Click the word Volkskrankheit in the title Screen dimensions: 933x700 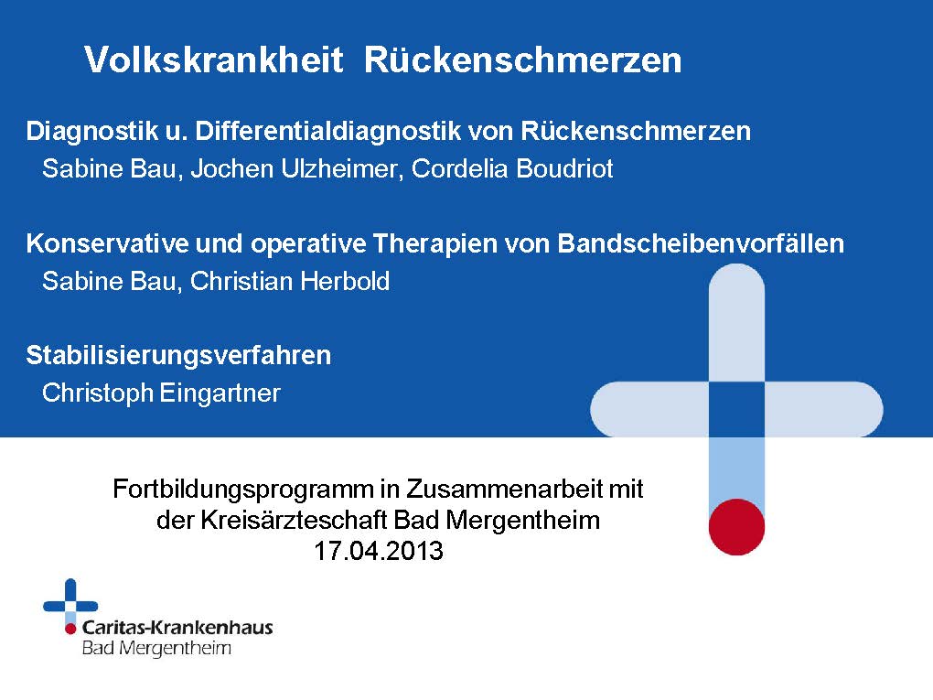point(214,59)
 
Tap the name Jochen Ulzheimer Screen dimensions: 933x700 point(293,168)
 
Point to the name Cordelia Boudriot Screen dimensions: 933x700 point(512,168)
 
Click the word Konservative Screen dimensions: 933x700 point(106,243)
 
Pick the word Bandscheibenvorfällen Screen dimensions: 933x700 point(701,243)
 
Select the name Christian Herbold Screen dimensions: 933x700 point(290,281)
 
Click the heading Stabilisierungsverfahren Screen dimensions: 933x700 point(178,355)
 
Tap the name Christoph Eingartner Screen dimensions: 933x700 point(161,393)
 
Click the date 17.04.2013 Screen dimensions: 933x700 point(379,551)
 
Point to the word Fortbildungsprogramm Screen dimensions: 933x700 point(243,490)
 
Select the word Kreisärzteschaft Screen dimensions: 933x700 point(295,520)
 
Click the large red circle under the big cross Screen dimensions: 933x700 point(736,527)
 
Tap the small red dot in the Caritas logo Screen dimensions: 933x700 point(70,628)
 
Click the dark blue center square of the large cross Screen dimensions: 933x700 point(736,410)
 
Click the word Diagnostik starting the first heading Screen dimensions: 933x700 point(92,132)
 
